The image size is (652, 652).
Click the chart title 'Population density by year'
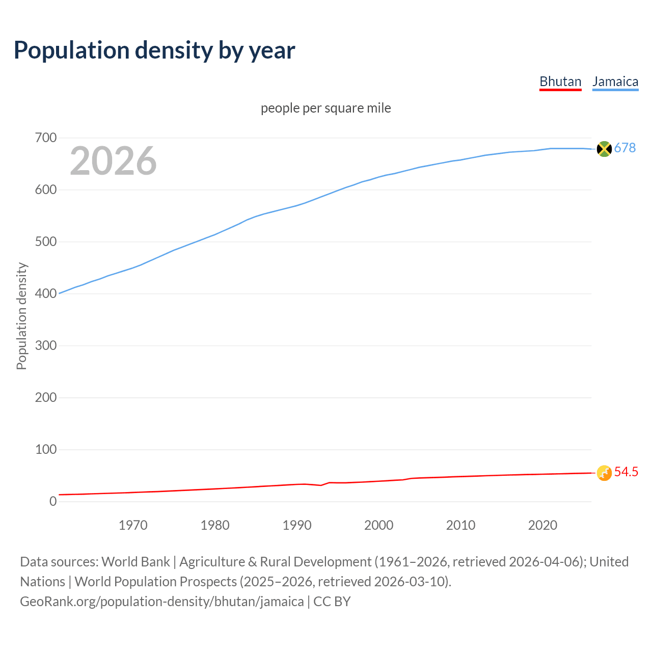pyautogui.click(x=154, y=50)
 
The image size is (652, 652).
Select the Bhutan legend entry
pyautogui.click(x=560, y=81)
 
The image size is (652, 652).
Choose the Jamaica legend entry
pyautogui.click(x=615, y=81)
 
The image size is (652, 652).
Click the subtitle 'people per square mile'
pyautogui.click(x=326, y=108)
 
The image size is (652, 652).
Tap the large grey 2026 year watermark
pyautogui.click(x=113, y=161)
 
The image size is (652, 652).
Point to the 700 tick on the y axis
pyautogui.click(x=46, y=138)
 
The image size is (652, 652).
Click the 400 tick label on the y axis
pyautogui.click(x=46, y=294)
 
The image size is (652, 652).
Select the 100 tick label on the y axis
pyautogui.click(x=46, y=450)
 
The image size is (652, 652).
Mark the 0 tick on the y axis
pyautogui.click(x=53, y=502)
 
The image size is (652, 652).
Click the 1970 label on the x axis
pyautogui.click(x=133, y=525)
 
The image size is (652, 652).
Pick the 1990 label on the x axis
pyautogui.click(x=297, y=525)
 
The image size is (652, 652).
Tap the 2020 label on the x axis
pyautogui.click(x=542, y=525)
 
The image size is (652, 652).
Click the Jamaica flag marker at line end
pyautogui.click(x=604, y=149)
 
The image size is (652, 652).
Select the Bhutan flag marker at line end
pyautogui.click(x=604, y=473)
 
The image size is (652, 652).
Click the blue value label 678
pyautogui.click(x=625, y=148)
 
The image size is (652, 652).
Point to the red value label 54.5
pyautogui.click(x=626, y=472)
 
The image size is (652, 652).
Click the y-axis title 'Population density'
pyautogui.click(x=21, y=316)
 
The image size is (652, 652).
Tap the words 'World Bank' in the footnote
pyautogui.click(x=135, y=562)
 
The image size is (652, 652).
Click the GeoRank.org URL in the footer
pyautogui.click(x=161, y=602)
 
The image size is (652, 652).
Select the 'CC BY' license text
pyautogui.click(x=332, y=602)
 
